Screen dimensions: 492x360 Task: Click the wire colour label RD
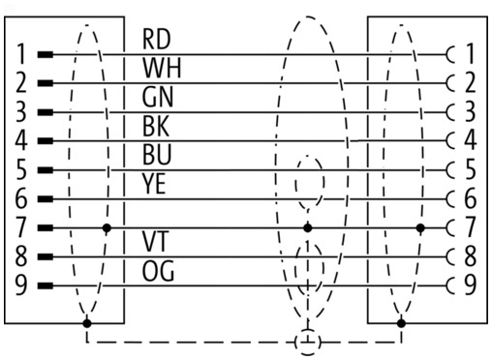[156, 40]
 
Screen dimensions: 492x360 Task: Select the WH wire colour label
[162, 68]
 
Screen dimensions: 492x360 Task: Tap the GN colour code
[158, 97]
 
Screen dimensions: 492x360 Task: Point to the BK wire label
[156, 126]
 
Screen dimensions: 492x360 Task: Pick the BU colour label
[157, 155]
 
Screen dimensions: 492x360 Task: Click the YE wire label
[154, 184]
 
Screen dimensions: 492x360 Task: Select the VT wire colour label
[156, 242]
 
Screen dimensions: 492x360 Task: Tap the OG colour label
[158, 271]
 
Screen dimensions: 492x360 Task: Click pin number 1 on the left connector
[21, 54]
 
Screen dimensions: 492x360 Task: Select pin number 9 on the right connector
[471, 285]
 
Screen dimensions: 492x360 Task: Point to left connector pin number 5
[21, 169]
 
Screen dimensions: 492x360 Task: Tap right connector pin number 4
[471, 140]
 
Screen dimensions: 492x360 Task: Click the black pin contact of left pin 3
[46, 112]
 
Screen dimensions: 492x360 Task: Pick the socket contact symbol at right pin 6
[451, 198]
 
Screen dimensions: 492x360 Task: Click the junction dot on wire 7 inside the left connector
[107, 228]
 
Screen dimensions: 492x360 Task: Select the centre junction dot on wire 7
[308, 228]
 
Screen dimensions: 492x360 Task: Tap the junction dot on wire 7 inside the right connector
[420, 228]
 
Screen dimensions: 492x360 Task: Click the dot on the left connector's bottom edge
[87, 323]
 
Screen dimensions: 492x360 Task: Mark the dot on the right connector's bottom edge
[401, 323]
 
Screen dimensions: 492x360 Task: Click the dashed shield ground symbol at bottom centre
[308, 342]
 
